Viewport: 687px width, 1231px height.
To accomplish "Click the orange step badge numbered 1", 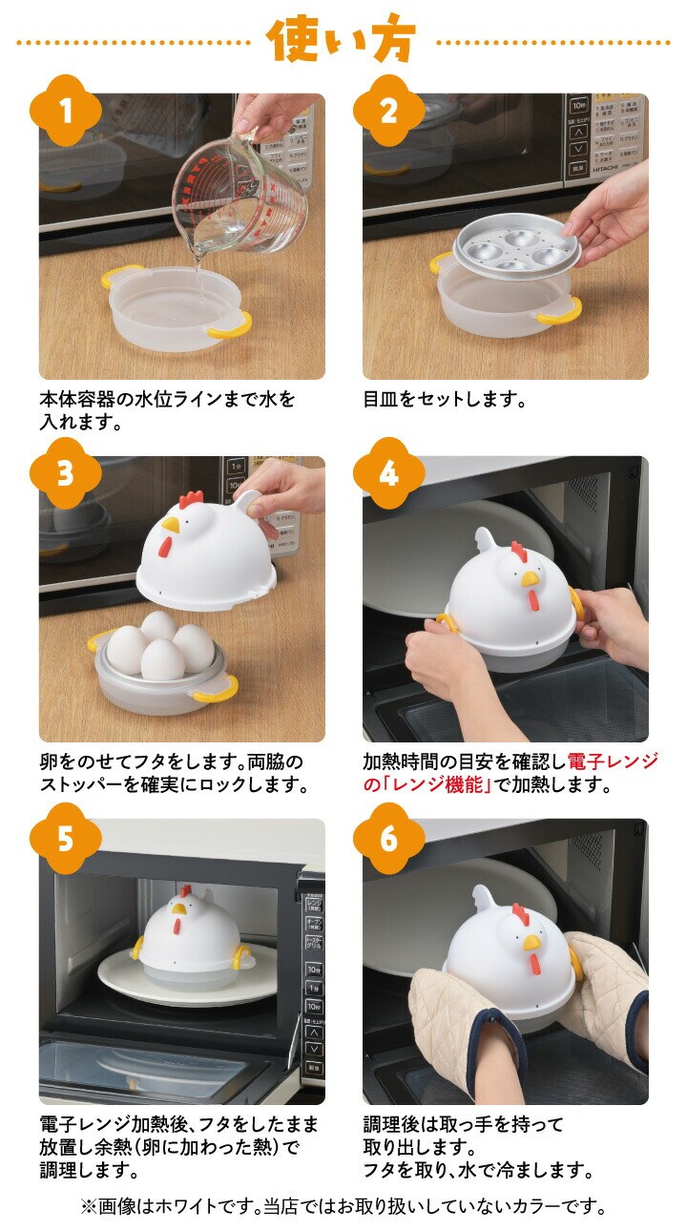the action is click(66, 111).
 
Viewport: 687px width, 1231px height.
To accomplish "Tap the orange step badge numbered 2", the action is click(388, 111).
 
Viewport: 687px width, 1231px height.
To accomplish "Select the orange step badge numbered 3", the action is click(66, 473).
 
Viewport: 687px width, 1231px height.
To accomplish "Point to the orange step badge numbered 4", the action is click(388, 473).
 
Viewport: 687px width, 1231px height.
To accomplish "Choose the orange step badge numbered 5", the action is click(66, 839).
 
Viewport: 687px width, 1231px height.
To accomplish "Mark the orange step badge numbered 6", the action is click(388, 839).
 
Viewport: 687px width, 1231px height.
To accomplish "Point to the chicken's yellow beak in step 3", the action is click(172, 526).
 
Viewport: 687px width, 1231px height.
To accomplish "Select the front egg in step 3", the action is click(162, 659).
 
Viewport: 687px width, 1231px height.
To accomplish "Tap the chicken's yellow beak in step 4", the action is click(530, 578).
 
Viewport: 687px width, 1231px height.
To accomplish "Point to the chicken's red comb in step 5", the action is click(185, 891).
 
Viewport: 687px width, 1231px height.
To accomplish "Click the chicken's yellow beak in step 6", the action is click(531, 943).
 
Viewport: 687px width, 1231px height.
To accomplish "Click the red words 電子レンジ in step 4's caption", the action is click(613, 762).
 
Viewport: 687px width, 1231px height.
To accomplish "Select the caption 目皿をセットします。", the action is click(445, 399).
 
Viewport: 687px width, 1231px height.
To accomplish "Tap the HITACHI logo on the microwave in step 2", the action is click(605, 169).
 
